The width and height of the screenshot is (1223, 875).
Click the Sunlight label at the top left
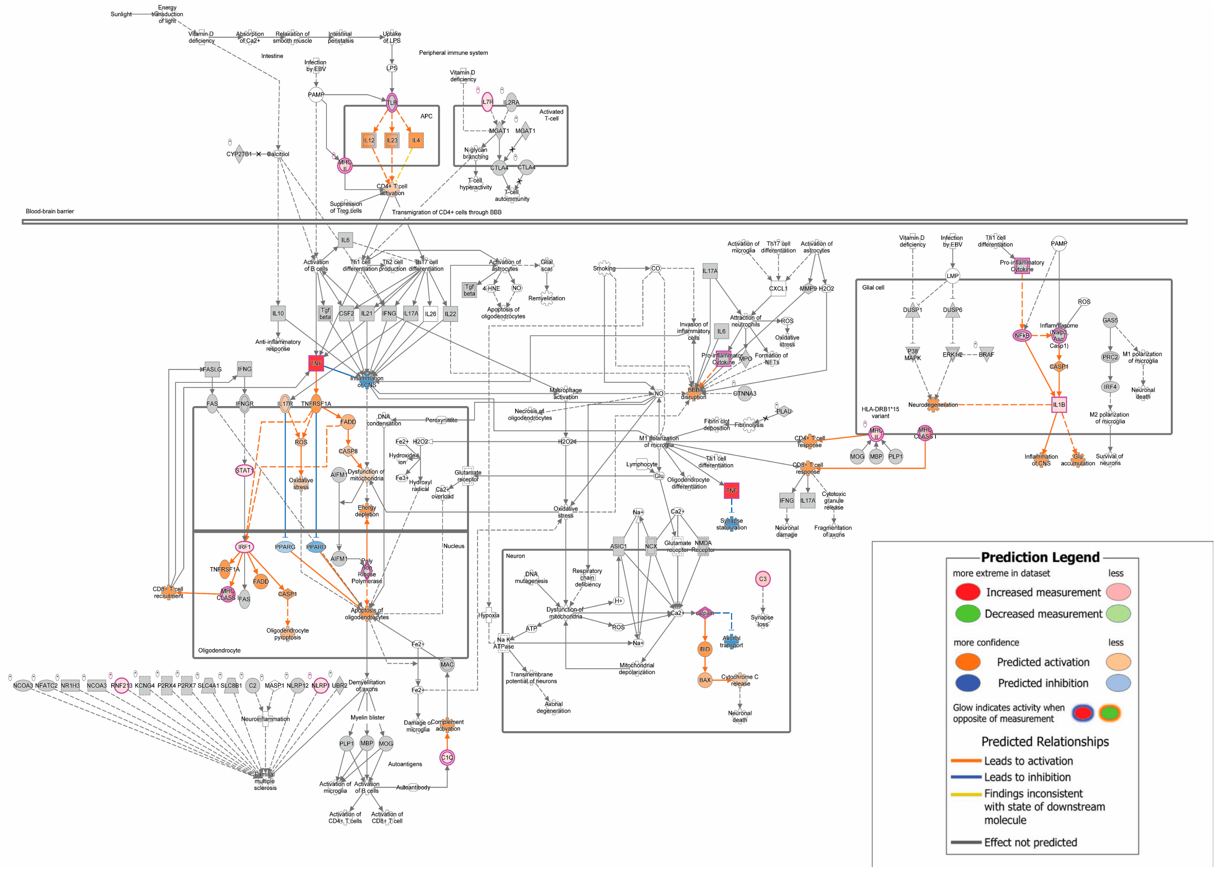[x=121, y=15]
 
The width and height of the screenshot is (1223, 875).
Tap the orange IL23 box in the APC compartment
[x=391, y=141]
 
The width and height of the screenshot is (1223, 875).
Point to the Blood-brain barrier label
[x=49, y=211]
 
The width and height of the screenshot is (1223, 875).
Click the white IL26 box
[x=430, y=314]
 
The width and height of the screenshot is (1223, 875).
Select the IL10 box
[x=278, y=314]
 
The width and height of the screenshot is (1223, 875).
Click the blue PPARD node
[x=316, y=547]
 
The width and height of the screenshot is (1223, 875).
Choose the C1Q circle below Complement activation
[x=447, y=757]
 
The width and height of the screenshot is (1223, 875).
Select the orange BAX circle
[x=705, y=680]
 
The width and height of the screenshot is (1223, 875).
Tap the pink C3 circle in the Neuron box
[x=763, y=579]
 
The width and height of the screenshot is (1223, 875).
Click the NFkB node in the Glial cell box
[x=1021, y=336]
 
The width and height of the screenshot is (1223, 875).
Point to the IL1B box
[x=1059, y=405]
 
